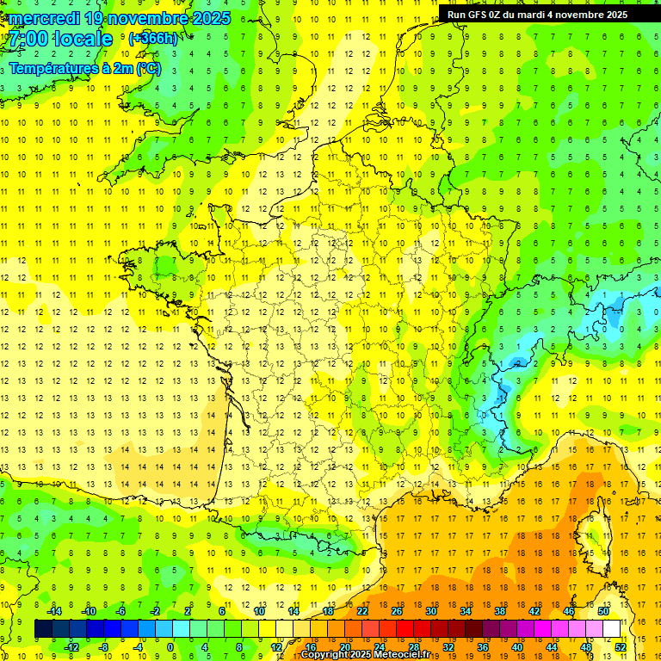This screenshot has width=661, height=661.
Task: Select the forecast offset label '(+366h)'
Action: pyautogui.click(x=153, y=39)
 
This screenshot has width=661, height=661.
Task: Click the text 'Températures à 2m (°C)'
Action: pyautogui.click(x=84, y=68)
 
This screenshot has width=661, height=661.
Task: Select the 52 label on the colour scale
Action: pyautogui.click(x=621, y=647)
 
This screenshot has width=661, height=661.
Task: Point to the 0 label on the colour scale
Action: pyautogui.click(x=170, y=647)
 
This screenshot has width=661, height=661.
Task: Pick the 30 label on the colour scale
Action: pyautogui.click(x=430, y=611)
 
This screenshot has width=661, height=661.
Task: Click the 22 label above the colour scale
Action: pyautogui.click(x=362, y=611)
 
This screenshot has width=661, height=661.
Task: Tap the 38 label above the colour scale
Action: pyautogui.click(x=499, y=611)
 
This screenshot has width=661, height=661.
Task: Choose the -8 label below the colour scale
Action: pyautogui.click(x=103, y=647)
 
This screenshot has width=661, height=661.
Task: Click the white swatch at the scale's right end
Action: pyautogui.click(x=611, y=629)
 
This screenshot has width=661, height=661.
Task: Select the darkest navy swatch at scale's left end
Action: pyautogui.click(x=43, y=629)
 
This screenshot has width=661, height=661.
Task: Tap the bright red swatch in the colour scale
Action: pyautogui.click(x=405, y=629)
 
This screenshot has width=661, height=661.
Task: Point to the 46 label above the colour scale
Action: pyautogui.click(x=568, y=611)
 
